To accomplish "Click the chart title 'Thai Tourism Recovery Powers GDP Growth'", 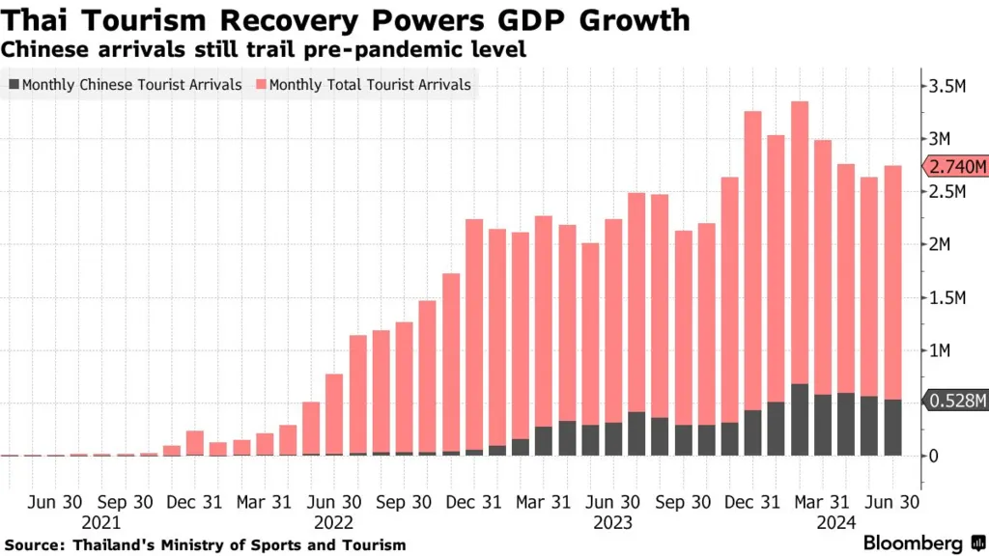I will click(346, 21).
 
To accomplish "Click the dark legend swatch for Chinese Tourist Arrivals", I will click(13, 85).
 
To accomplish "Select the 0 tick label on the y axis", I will click(934, 455).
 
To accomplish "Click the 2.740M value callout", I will click(957, 167).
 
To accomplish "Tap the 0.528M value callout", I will click(957, 401).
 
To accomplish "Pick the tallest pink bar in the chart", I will click(799, 241).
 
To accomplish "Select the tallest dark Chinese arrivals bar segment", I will click(799, 419).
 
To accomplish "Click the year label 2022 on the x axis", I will click(333, 522).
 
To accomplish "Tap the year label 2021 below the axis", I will click(101, 522).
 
